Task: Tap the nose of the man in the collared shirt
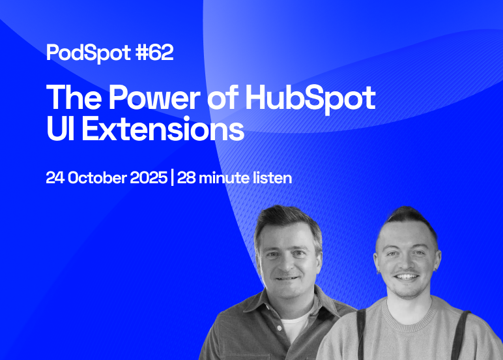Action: [287, 263]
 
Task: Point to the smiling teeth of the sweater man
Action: [406, 276]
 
